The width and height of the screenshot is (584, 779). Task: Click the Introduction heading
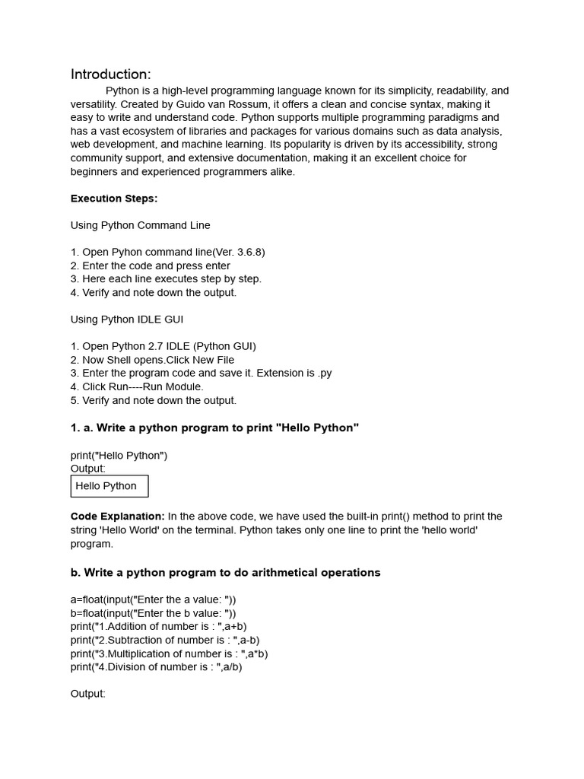click(111, 75)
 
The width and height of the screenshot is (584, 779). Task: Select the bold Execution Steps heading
click(114, 199)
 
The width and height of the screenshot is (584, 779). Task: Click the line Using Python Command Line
click(141, 225)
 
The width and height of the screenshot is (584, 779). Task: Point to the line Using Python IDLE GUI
click(127, 320)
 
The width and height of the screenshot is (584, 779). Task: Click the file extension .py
click(324, 374)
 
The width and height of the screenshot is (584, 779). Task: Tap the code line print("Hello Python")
click(119, 456)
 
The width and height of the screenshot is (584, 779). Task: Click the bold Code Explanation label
click(118, 517)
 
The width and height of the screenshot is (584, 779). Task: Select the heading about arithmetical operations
click(226, 573)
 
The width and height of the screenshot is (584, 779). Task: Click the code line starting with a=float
click(154, 599)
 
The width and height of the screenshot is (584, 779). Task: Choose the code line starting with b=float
click(154, 613)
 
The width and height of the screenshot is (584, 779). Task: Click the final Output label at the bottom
click(88, 694)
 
